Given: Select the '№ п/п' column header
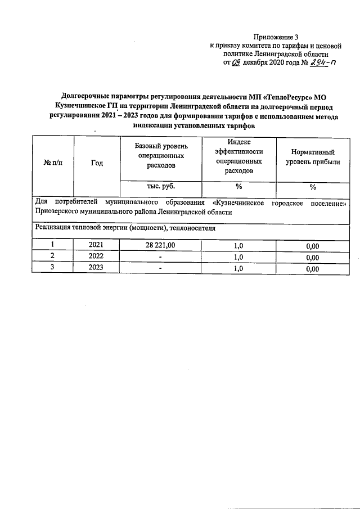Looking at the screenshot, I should (x=52, y=163).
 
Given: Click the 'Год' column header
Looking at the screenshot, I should (x=97, y=163).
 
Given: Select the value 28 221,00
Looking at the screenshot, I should (x=160, y=245).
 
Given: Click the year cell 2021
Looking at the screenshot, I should (x=97, y=245).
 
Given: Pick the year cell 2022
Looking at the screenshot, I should (x=97, y=257).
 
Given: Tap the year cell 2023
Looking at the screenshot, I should (x=97, y=269).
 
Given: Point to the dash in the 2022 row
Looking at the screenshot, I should (x=160, y=258).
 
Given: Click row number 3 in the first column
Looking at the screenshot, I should (x=52, y=269).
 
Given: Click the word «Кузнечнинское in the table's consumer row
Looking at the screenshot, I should (x=240, y=202).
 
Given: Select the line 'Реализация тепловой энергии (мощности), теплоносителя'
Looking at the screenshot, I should (x=125, y=228).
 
